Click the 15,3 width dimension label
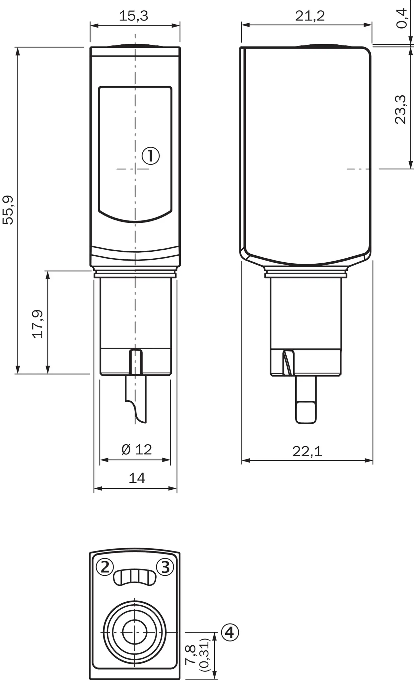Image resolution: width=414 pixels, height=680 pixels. [134, 16]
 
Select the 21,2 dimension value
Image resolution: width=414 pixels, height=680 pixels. [310, 16]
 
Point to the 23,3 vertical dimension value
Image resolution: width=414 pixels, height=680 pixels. [400, 110]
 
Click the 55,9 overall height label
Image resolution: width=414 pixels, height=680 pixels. [8, 210]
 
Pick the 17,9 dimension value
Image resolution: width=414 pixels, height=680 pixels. [37, 324]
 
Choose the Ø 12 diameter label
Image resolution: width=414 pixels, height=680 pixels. [137, 450]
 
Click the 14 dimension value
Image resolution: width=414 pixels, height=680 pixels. [137, 478]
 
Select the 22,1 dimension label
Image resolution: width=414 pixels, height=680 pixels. [307, 451]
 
